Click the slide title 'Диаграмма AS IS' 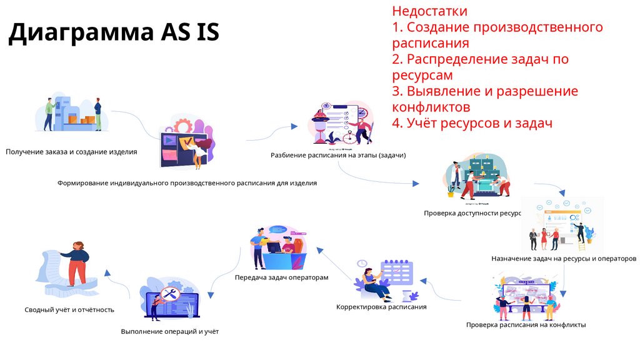pyautogui.click(x=114, y=32)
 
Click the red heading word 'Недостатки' pyautogui.click(x=429, y=11)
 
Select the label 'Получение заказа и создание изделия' pyautogui.click(x=71, y=151)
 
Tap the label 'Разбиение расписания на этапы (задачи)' pyautogui.click(x=338, y=155)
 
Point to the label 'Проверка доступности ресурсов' pyautogui.click(x=472, y=213)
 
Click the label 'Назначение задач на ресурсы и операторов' pyautogui.click(x=564, y=258)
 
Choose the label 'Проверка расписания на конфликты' pyautogui.click(x=526, y=325)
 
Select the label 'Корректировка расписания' pyautogui.click(x=381, y=307)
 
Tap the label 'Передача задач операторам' pyautogui.click(x=281, y=277)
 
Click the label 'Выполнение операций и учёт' pyautogui.click(x=170, y=331)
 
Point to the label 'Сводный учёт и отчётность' pyautogui.click(x=69, y=309)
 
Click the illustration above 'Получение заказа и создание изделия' pyautogui.click(x=74, y=114)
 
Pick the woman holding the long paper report pyautogui.click(x=77, y=262)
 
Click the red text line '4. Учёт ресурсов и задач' pyautogui.click(x=472, y=123)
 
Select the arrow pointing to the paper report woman pyautogui.click(x=116, y=279)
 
